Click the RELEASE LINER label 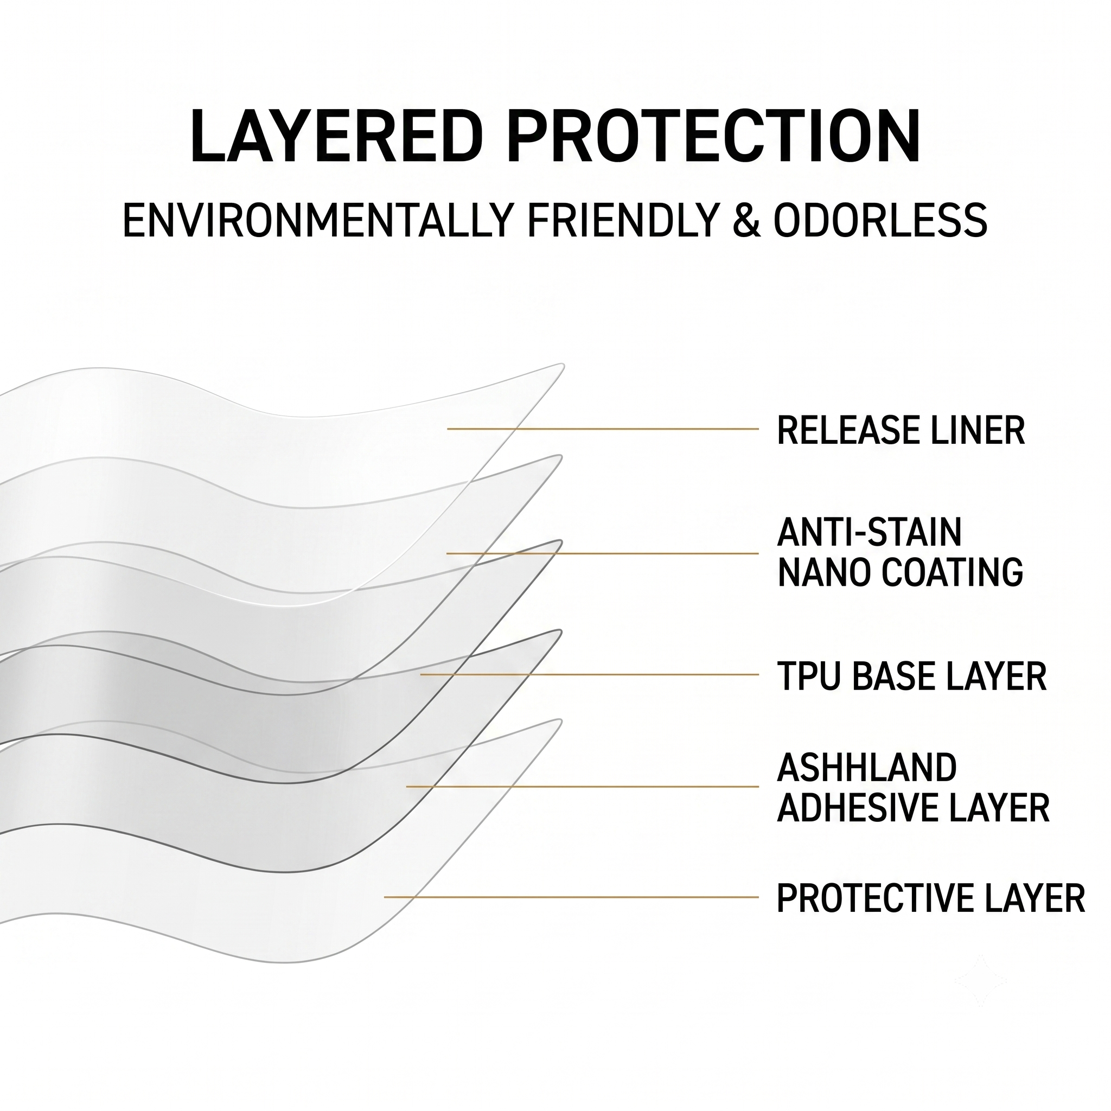click(x=901, y=430)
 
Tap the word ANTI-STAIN click(x=870, y=532)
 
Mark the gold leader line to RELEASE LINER click(x=603, y=429)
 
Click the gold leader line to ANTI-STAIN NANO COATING click(x=603, y=553)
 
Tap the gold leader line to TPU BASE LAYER click(x=590, y=674)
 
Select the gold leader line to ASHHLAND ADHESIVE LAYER click(x=583, y=786)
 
